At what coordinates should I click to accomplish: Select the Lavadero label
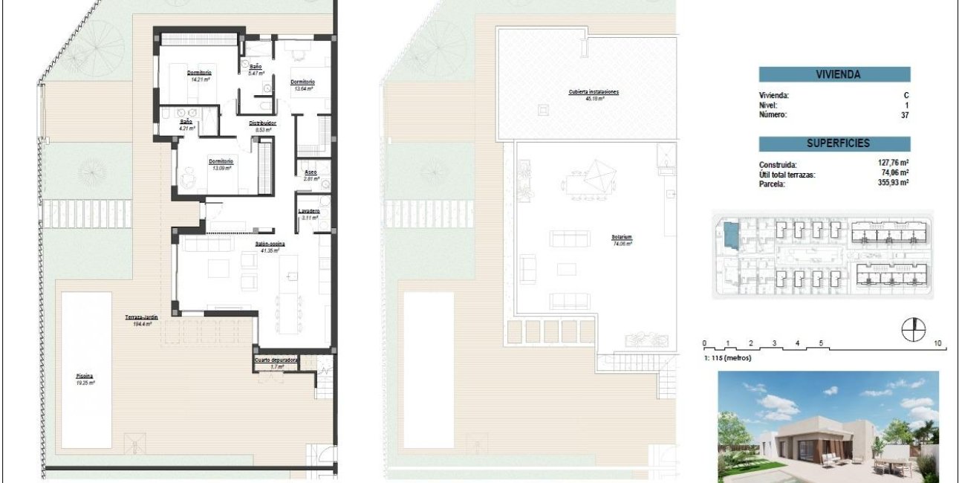(x=309, y=211)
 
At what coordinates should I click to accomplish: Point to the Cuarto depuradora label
(x=276, y=360)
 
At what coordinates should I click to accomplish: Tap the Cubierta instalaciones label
(x=594, y=92)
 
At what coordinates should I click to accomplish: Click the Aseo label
(x=311, y=172)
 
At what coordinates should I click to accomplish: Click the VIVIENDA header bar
(x=834, y=74)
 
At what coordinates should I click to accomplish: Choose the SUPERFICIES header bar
(x=834, y=143)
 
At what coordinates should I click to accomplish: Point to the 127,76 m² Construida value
(x=894, y=165)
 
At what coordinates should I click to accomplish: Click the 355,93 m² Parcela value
(x=894, y=183)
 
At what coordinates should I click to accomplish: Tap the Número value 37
(x=904, y=115)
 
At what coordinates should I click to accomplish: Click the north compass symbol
(x=913, y=329)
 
